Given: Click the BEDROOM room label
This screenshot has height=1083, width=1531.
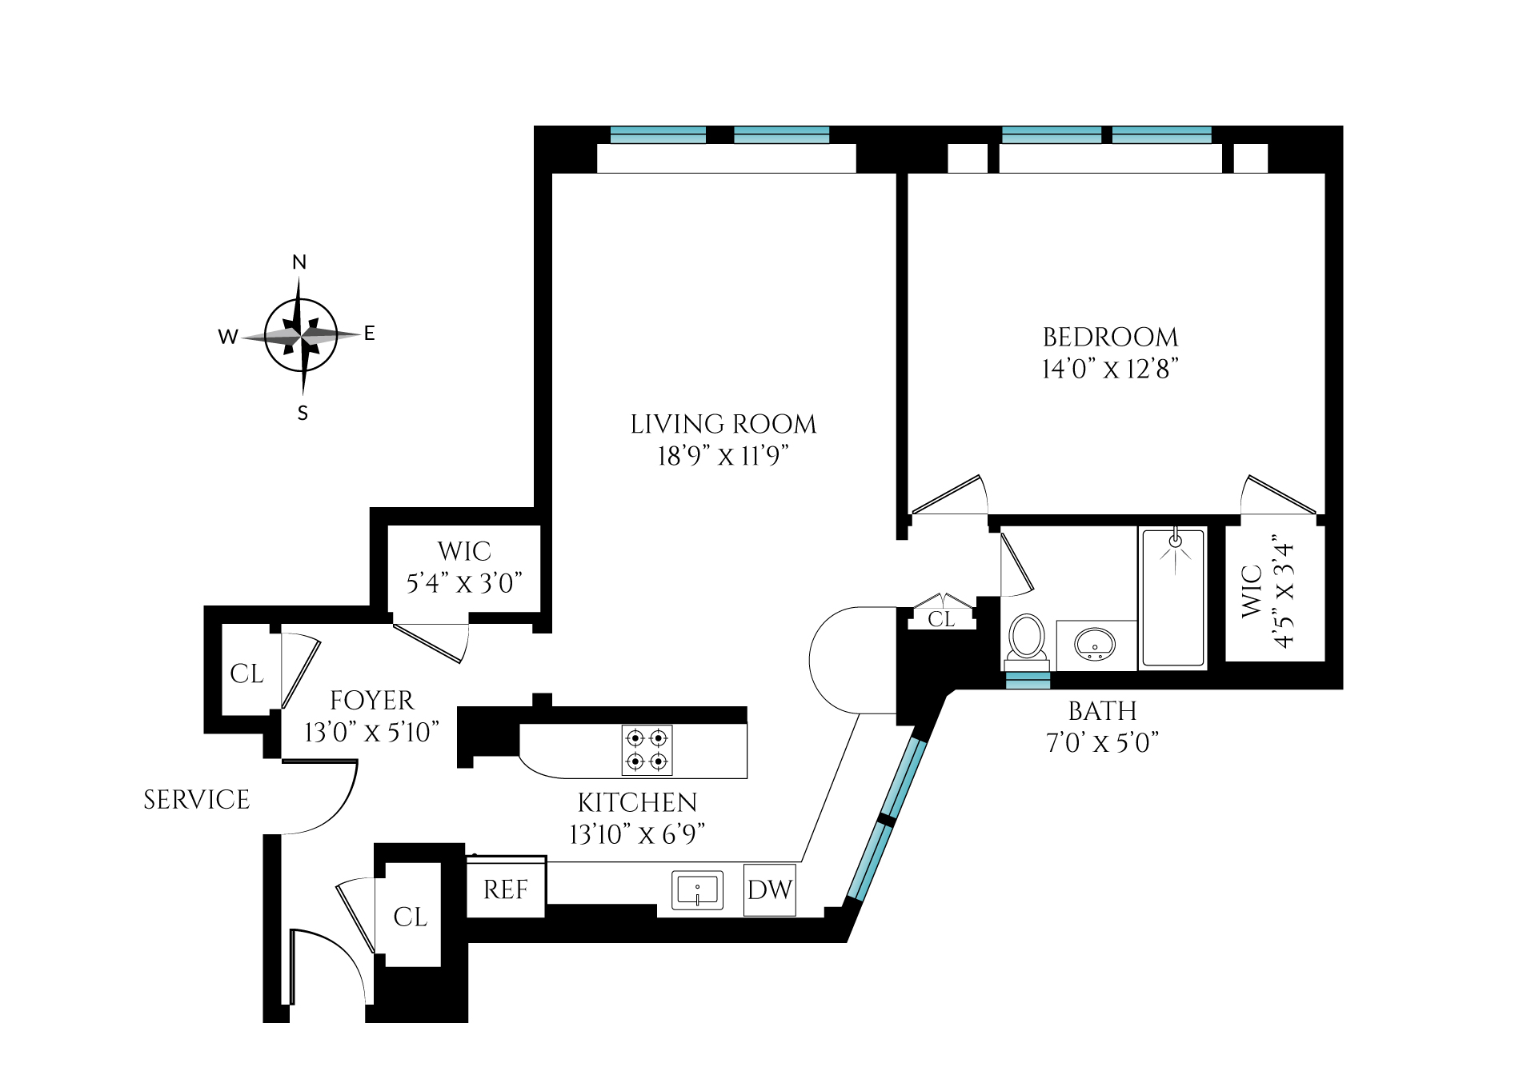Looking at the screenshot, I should (x=1109, y=337).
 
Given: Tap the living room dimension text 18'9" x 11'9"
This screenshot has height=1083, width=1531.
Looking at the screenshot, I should (x=723, y=456).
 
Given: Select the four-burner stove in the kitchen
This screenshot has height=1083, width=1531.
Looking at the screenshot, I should (x=647, y=749).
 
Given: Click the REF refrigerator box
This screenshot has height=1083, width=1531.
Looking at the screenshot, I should (x=506, y=889).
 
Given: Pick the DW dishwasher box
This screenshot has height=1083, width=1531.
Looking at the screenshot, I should (x=769, y=889).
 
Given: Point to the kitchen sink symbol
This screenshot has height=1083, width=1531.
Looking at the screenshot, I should (x=697, y=889).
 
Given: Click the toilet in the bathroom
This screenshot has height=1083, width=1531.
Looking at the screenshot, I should (x=1026, y=640).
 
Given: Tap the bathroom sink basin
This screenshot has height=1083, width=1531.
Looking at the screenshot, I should (x=1095, y=643).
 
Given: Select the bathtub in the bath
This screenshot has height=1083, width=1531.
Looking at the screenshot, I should (x=1173, y=597).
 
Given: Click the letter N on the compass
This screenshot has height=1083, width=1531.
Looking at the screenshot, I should (x=299, y=262).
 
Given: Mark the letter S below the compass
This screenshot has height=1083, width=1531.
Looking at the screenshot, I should (x=303, y=414).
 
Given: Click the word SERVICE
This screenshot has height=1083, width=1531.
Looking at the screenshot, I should (x=196, y=800).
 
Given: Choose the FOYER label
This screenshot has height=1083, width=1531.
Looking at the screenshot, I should (x=372, y=701).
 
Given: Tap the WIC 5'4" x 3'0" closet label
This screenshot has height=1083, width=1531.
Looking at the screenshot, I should (x=464, y=567).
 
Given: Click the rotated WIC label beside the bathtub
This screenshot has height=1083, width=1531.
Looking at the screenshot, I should (x=1267, y=592).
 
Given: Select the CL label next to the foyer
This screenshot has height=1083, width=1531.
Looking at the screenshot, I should (x=246, y=673).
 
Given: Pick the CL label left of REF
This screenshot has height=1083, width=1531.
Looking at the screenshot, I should (x=411, y=917).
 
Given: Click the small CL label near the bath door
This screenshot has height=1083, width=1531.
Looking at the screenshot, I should (x=941, y=619).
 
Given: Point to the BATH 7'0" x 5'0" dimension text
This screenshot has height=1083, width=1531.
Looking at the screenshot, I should (x=1102, y=742).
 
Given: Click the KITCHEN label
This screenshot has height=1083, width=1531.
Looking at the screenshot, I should (x=637, y=802).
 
